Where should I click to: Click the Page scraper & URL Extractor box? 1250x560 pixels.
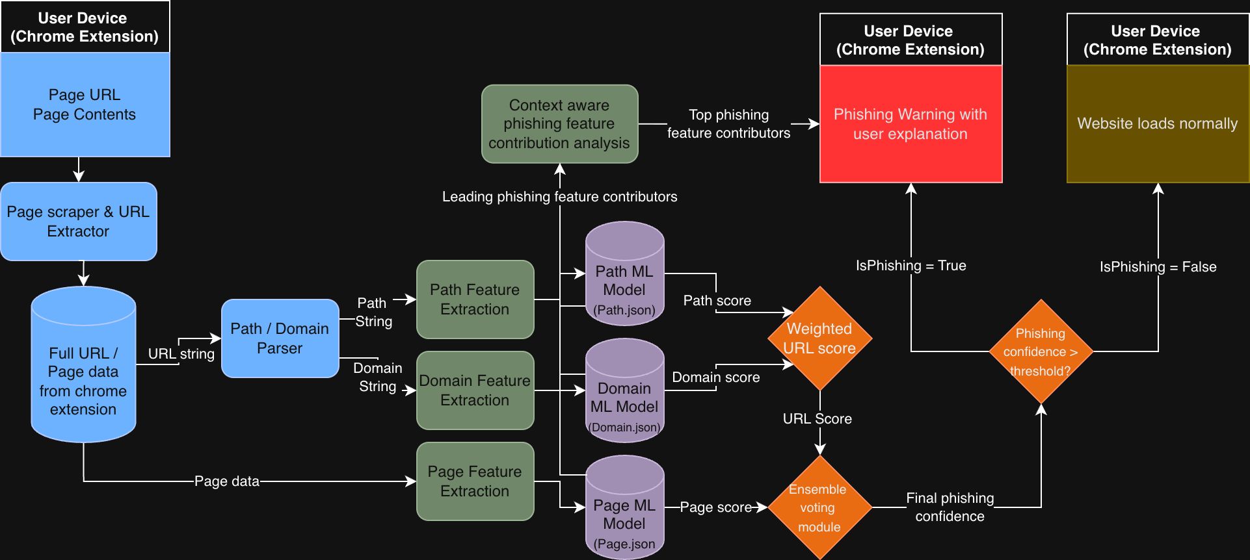(x=78, y=222)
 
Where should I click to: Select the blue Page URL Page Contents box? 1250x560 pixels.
(x=85, y=105)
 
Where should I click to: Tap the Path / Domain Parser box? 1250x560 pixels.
(x=280, y=338)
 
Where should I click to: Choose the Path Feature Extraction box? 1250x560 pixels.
(x=475, y=299)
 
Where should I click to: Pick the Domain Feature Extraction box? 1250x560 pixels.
(x=475, y=390)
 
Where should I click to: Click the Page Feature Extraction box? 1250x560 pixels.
(x=475, y=481)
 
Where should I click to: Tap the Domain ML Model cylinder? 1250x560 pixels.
(x=624, y=398)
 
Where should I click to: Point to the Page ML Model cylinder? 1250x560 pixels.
(x=624, y=515)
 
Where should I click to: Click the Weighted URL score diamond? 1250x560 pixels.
(x=819, y=338)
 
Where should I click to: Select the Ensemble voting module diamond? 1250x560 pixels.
(x=819, y=507)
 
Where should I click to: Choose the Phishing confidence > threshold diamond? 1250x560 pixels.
(x=1041, y=351)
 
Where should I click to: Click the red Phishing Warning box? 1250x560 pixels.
(x=911, y=124)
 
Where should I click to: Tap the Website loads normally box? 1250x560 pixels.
(x=1158, y=124)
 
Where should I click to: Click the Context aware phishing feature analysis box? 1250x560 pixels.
(x=559, y=124)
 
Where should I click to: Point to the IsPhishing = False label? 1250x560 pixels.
(x=1158, y=267)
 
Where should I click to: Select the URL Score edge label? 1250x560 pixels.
(x=817, y=419)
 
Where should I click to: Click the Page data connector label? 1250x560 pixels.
(x=226, y=481)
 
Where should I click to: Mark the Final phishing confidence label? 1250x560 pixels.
(x=950, y=507)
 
